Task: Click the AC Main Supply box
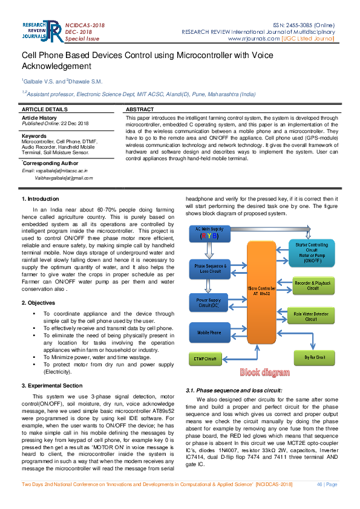point(209,233)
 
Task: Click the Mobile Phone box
point(209,332)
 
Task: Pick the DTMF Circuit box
point(205,358)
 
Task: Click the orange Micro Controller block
point(261,292)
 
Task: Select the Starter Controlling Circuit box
point(311,253)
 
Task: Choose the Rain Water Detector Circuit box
point(310,316)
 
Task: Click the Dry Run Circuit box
point(314,358)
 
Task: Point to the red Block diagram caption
point(264,372)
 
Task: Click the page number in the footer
point(327,484)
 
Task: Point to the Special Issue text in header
point(82,39)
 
